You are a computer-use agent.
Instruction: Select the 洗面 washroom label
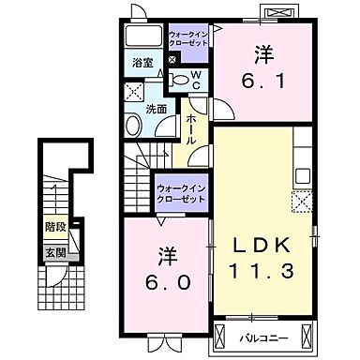pos(155,110)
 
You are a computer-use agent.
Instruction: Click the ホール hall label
pos(191,128)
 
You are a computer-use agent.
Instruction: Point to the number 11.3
pos(265,271)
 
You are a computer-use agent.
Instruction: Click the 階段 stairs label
pos(55,226)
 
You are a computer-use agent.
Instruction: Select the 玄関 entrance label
pos(55,251)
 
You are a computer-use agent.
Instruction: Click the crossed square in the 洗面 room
pos(133,92)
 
